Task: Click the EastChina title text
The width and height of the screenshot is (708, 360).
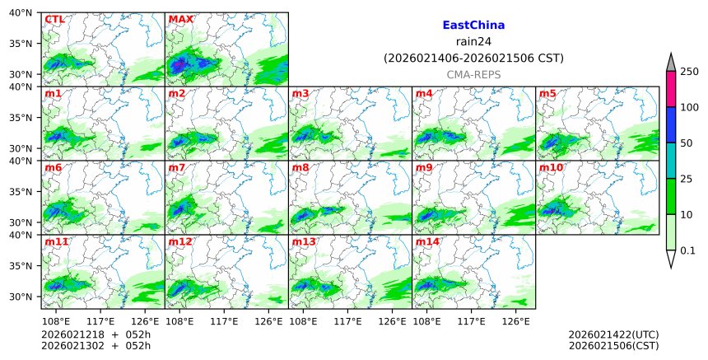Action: click(x=473, y=26)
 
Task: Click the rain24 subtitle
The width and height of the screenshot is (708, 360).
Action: click(x=473, y=42)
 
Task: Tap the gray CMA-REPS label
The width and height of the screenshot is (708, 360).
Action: click(x=473, y=74)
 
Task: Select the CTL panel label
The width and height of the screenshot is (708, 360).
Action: click(x=54, y=19)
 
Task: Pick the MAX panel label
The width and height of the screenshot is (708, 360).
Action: click(x=180, y=19)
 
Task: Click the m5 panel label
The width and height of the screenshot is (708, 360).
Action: click(x=547, y=93)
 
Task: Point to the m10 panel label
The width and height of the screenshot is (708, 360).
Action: click(x=551, y=167)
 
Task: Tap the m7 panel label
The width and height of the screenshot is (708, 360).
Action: click(x=177, y=167)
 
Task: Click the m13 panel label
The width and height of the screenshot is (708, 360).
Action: click(x=304, y=241)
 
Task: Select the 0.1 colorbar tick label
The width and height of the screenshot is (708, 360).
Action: click(x=688, y=250)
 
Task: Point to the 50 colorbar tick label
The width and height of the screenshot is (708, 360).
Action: click(x=687, y=143)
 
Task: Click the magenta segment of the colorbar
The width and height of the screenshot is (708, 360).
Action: click(x=671, y=89)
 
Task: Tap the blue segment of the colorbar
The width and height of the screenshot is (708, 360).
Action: click(x=671, y=124)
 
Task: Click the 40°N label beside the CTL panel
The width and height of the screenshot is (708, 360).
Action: click(x=23, y=13)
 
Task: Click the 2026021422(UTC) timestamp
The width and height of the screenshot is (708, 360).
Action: click(x=613, y=334)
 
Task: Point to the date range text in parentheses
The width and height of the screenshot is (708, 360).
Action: click(x=473, y=58)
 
